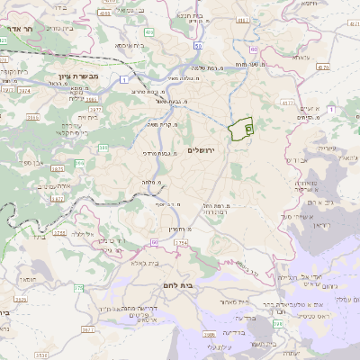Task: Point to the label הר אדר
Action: click(x=18, y=28)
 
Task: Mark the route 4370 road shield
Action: click(x=322, y=66)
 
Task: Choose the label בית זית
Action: click(x=93, y=116)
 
